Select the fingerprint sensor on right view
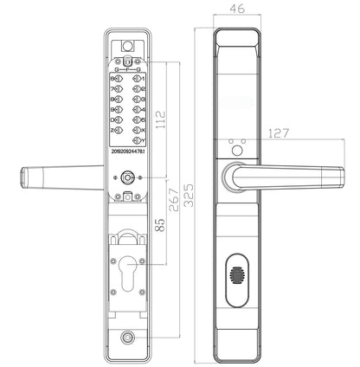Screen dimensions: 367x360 237,281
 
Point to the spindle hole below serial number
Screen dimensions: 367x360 128,177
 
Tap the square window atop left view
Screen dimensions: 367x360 128,48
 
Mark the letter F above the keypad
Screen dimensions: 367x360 128,68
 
